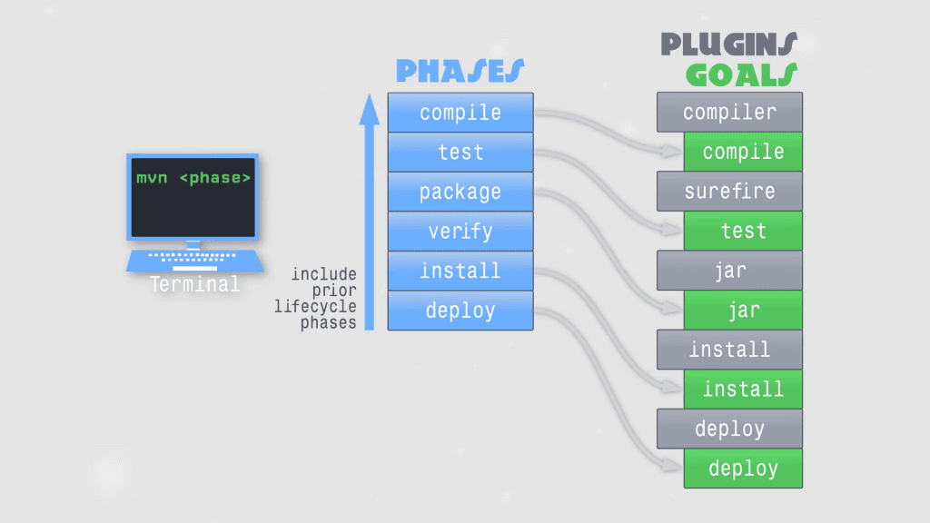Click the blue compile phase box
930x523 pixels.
tap(460, 113)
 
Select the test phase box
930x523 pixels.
tap(460, 153)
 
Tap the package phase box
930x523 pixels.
tap(460, 192)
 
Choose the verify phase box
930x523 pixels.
tap(460, 232)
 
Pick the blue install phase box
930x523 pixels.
tap(460, 271)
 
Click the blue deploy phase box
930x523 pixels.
tap(460, 311)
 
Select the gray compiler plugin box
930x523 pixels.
tap(729, 113)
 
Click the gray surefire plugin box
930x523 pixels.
tap(729, 192)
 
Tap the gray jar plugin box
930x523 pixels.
tap(729, 271)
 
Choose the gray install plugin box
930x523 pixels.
tap(729, 350)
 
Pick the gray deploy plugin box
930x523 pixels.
tap(729, 429)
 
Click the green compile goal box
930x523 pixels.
tap(743, 152)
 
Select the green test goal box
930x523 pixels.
tap(743, 231)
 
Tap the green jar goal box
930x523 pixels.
tap(743, 311)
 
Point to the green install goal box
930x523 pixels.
tap(743, 390)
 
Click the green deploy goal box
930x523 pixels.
tap(743, 469)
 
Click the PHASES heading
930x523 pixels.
tap(460, 71)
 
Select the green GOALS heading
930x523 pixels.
tap(741, 74)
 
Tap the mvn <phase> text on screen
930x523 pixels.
tap(193, 178)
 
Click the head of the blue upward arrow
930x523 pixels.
tap(369, 109)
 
